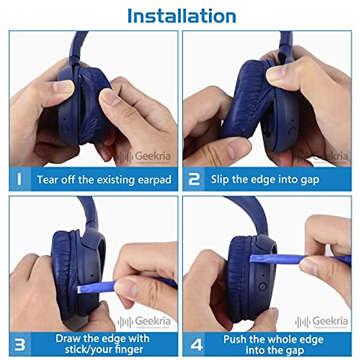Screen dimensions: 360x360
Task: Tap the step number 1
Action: click(19, 179)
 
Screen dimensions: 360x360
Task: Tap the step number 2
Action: click(194, 179)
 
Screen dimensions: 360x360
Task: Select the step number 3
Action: click(20, 344)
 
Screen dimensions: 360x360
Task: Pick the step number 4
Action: click(196, 345)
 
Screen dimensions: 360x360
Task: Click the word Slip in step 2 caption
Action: click(220, 179)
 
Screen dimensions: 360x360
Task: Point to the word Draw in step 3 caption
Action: click(68, 339)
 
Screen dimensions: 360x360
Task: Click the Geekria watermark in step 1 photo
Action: click(145, 156)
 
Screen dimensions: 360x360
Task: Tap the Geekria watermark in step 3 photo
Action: click(145, 321)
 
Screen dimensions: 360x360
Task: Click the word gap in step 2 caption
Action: click(309, 180)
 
